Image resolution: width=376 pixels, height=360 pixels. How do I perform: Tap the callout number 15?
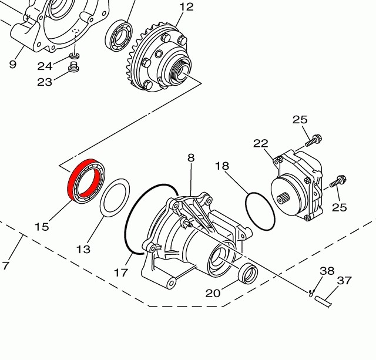coord(41,227)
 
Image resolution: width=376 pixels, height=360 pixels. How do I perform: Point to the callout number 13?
coord(83,250)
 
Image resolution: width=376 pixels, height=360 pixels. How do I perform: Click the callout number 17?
coord(121,272)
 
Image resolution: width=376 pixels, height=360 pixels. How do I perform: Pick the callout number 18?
coord(221,166)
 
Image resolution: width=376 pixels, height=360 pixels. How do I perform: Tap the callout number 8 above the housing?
coord(191,157)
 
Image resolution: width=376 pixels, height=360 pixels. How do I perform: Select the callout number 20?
coord(213,292)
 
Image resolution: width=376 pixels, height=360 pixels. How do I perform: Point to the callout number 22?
coord(261,143)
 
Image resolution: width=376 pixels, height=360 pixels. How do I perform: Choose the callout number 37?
coord(345,281)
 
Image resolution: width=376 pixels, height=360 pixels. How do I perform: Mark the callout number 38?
coord(327,271)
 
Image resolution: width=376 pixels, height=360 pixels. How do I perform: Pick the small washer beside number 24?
coord(75,56)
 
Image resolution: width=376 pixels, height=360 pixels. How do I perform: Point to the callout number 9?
coord(13,64)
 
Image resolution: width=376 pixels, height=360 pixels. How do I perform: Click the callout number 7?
coord(5,265)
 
